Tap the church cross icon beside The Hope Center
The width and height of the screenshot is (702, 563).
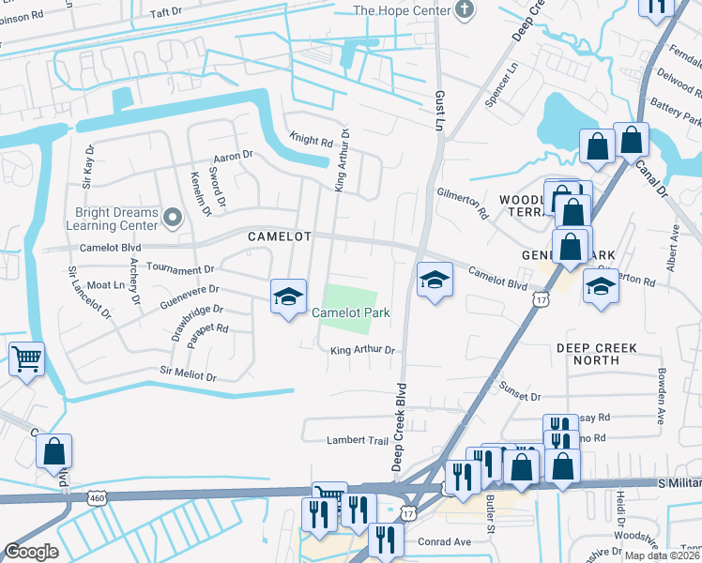pyautogui.click(x=461, y=10)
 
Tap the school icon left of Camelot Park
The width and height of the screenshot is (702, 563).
pyautogui.click(x=288, y=297)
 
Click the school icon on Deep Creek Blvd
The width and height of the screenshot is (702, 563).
pyautogui.click(x=435, y=280)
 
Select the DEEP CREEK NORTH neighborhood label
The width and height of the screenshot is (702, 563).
pyautogui.click(x=596, y=354)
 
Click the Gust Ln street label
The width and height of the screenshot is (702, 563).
pyautogui.click(x=439, y=107)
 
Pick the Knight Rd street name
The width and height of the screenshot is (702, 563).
pyautogui.click(x=311, y=142)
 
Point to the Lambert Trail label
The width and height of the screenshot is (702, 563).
pyautogui.click(x=357, y=440)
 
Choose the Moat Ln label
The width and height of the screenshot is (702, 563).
pyautogui.click(x=104, y=284)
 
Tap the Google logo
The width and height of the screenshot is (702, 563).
pyautogui.click(x=32, y=551)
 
